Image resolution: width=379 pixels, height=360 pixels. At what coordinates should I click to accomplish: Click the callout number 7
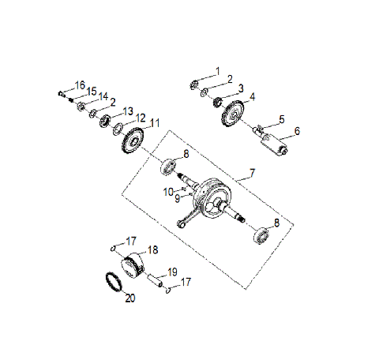[x=252, y=171]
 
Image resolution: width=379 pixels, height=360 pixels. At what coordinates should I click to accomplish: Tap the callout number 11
[x=155, y=123]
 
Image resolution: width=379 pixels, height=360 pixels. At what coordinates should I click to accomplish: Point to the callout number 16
[x=80, y=84]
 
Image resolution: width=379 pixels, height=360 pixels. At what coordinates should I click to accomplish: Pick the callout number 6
[x=297, y=131]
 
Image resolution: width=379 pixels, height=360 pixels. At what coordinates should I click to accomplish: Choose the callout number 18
[x=153, y=249]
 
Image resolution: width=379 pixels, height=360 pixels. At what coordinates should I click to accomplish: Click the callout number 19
[x=173, y=272]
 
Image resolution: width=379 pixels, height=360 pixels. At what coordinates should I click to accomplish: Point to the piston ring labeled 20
[x=113, y=280]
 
